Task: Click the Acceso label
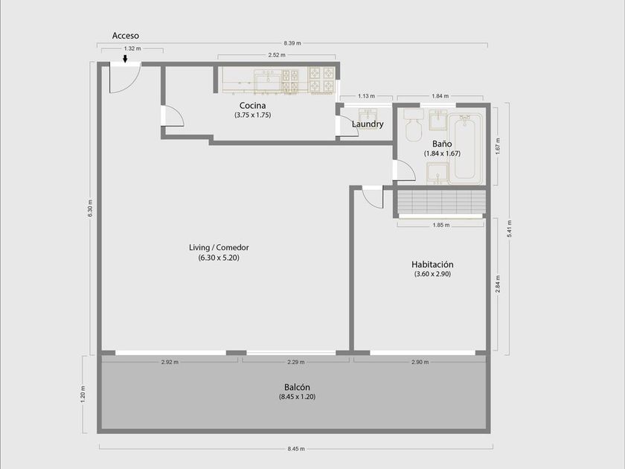click(126, 36)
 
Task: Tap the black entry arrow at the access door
click(125, 59)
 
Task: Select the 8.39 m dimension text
click(292, 43)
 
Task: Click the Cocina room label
click(253, 106)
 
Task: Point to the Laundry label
click(368, 124)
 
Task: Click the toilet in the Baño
click(414, 124)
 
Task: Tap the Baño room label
click(442, 144)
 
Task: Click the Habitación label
click(432, 264)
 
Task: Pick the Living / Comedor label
click(219, 247)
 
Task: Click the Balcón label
click(297, 387)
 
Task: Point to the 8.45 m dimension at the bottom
click(296, 449)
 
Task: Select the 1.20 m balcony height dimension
click(83, 394)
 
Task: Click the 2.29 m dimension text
click(296, 362)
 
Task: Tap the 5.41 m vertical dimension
click(509, 229)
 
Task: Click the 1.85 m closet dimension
click(441, 225)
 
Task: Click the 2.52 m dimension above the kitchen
click(277, 55)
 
